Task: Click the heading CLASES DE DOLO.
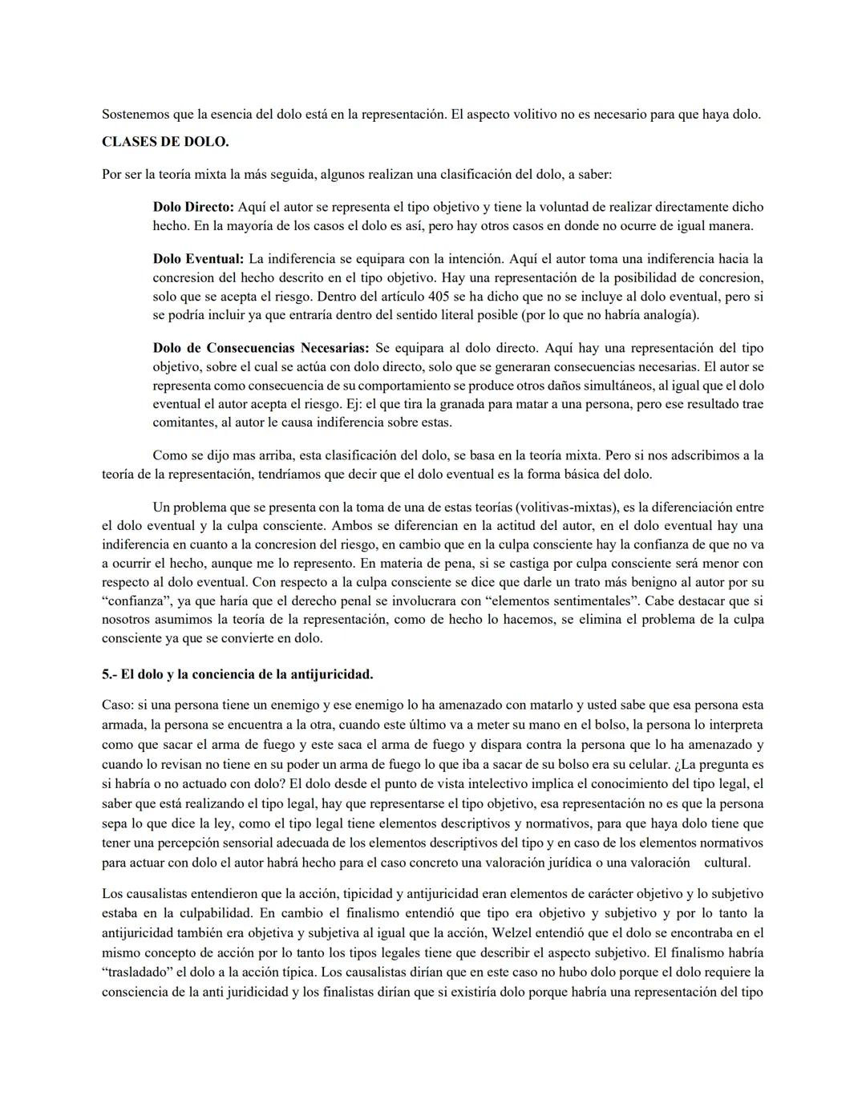tap(165, 142)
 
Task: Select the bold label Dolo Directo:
tap(193, 207)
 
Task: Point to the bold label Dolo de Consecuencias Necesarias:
tap(261, 348)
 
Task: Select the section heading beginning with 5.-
tap(237, 674)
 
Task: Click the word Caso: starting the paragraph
tap(118, 706)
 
